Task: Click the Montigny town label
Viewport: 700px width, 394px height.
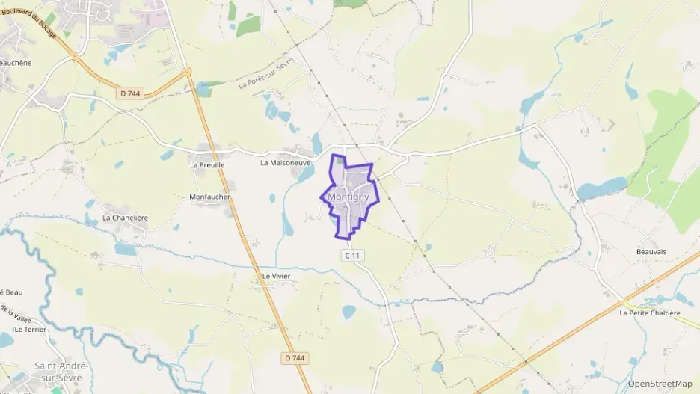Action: tap(349, 197)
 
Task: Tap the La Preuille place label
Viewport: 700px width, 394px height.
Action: tap(207, 164)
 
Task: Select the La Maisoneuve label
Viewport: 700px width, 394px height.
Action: tap(285, 162)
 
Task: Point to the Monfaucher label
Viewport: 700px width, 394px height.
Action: tap(210, 197)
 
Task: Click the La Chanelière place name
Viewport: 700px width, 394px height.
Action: tap(126, 218)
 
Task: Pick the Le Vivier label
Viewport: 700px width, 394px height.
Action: tap(276, 276)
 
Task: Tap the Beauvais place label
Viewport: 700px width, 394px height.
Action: tap(651, 252)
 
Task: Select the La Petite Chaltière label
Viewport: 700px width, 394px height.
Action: tap(650, 313)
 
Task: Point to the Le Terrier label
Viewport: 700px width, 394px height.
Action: tap(30, 329)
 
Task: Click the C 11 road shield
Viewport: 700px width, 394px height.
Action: tap(353, 255)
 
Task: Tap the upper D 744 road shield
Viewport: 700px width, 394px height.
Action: tap(129, 93)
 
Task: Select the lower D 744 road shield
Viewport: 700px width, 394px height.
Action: tap(295, 358)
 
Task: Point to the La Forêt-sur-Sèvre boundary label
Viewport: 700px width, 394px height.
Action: tap(267, 73)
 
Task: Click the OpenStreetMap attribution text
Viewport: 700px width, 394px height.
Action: tap(660, 384)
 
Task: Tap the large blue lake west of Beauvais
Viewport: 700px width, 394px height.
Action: tap(602, 188)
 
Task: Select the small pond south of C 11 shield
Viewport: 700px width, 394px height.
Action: tap(349, 311)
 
